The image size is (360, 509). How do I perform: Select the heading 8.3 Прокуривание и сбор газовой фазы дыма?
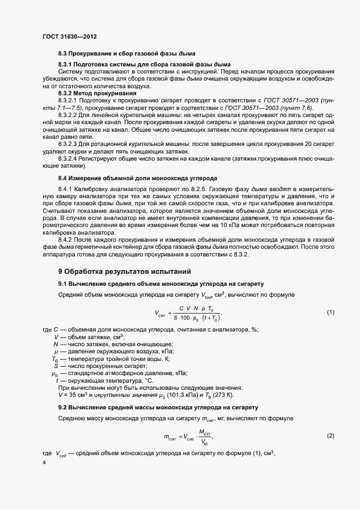126,53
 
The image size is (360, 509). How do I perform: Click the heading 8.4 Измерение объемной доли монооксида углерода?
137,178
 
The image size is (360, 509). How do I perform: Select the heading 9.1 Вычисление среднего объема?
161,284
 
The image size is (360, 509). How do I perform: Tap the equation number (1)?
330,312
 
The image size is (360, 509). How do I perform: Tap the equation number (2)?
330,436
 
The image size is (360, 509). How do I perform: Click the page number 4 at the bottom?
44,463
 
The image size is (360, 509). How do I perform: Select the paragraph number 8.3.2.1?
69,101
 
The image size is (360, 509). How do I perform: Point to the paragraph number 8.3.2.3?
69,144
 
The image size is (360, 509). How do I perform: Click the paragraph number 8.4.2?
66,240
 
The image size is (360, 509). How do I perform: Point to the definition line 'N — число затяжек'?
113,344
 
